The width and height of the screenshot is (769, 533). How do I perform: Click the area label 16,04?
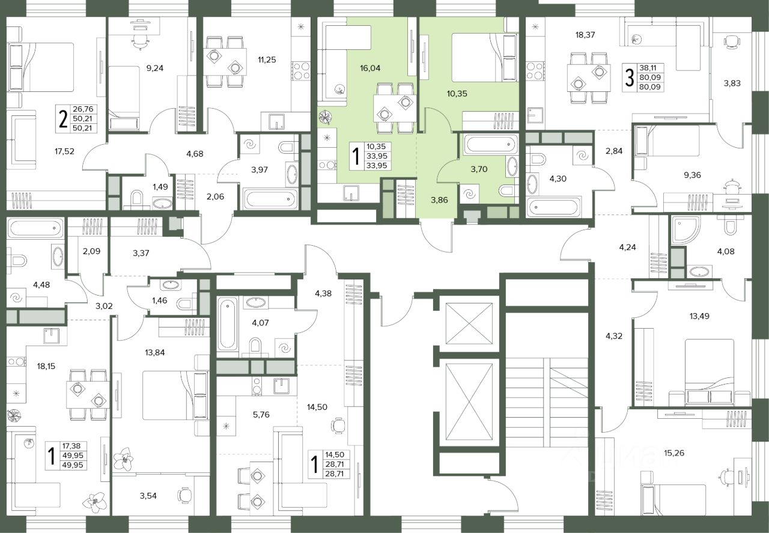(370, 69)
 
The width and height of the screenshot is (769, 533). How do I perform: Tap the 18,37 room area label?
(585, 35)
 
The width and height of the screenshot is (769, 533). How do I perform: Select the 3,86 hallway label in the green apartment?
(439, 200)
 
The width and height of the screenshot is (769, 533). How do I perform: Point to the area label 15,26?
(674, 453)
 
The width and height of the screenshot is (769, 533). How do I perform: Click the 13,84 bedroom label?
(155, 352)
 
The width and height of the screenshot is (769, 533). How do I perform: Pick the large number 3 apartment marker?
(629, 78)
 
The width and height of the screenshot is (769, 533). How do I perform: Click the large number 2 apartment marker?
(63, 119)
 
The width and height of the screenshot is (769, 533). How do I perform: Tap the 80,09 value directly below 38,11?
(650, 78)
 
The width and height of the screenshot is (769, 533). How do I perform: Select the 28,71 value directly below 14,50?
(337, 464)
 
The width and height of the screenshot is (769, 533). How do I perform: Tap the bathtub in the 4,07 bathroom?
(227, 324)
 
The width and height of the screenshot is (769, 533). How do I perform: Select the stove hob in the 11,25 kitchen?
(301, 70)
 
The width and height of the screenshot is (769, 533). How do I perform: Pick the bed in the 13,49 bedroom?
(710, 372)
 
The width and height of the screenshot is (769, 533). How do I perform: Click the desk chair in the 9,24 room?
(141, 42)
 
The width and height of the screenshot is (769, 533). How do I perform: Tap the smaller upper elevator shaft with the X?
(469, 323)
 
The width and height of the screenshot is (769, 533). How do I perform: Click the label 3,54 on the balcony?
(148, 496)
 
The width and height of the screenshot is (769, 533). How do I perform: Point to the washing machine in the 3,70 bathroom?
(470, 195)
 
